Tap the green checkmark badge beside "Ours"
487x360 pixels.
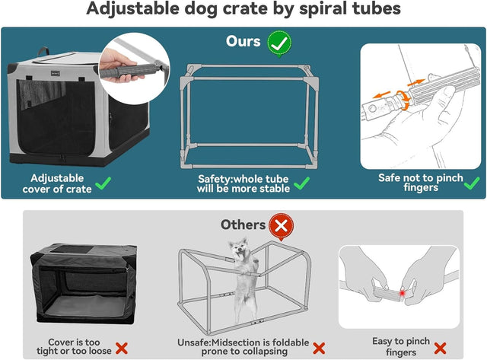279,42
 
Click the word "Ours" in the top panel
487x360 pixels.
243,42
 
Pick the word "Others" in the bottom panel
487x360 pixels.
243,225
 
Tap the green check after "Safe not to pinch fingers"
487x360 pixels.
471,183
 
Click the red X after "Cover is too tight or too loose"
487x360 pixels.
120,348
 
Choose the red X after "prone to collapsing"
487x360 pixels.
319,348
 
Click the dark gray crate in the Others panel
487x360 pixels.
79,285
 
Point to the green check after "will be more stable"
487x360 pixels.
302,183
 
